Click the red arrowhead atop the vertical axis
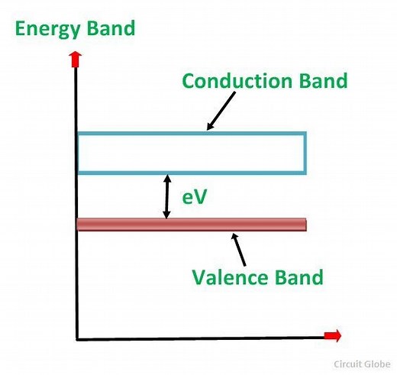[x=75, y=57]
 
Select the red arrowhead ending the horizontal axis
[x=333, y=336]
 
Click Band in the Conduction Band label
[x=318, y=80]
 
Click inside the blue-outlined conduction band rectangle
[x=191, y=153]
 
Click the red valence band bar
[x=191, y=224]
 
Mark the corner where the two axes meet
[x=77, y=338]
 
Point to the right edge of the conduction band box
[x=305, y=153]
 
